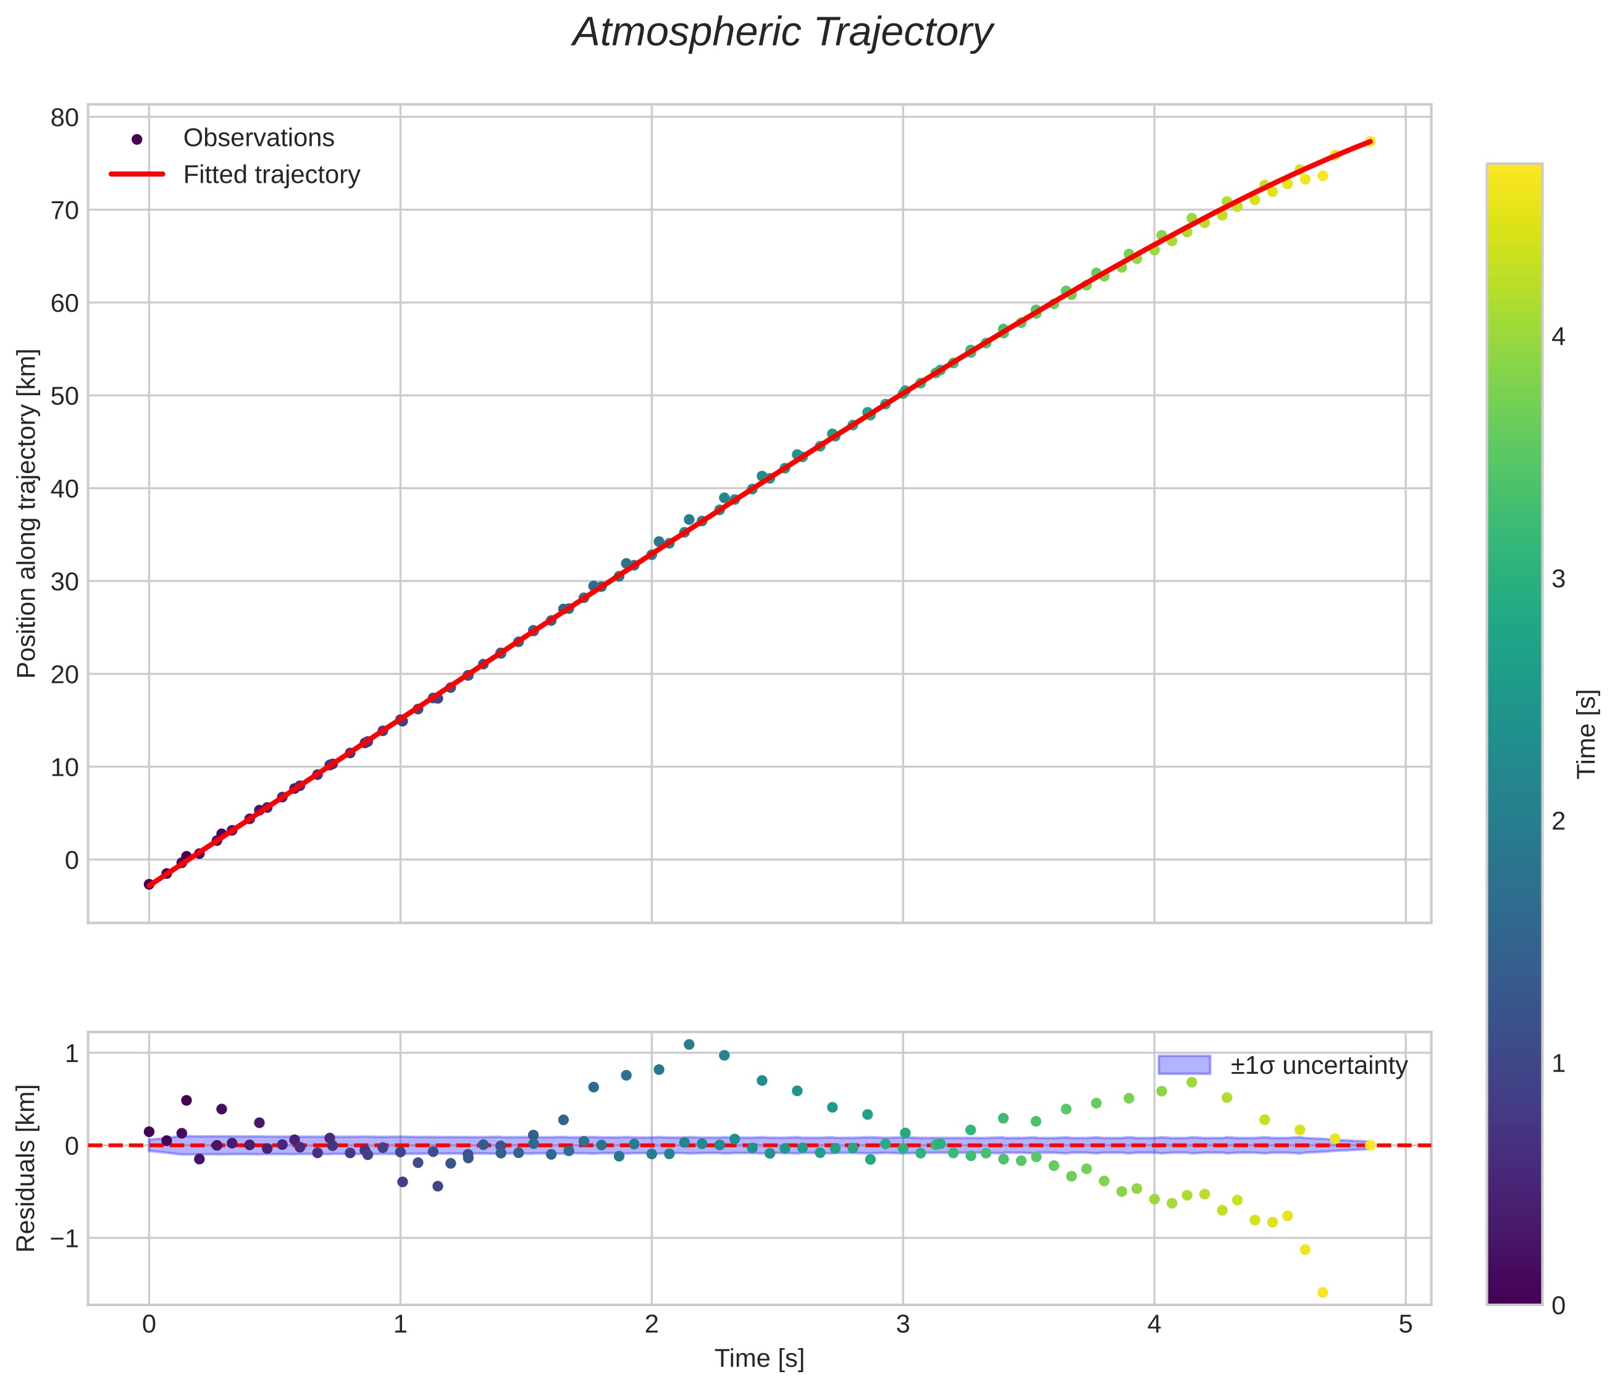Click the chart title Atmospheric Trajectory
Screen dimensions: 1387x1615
(x=782, y=33)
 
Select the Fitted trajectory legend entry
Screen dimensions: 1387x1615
(x=271, y=175)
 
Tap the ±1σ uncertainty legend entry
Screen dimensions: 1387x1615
(x=1318, y=1065)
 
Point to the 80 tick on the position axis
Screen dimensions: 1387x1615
(x=65, y=118)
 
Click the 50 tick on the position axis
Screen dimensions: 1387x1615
(x=65, y=396)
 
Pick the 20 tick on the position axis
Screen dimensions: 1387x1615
(x=65, y=674)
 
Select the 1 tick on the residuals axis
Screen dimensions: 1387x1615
(x=71, y=1054)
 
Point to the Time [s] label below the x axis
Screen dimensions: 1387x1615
(x=759, y=1358)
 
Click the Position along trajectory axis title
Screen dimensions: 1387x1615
(x=27, y=514)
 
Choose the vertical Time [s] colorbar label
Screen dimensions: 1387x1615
(x=1587, y=734)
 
